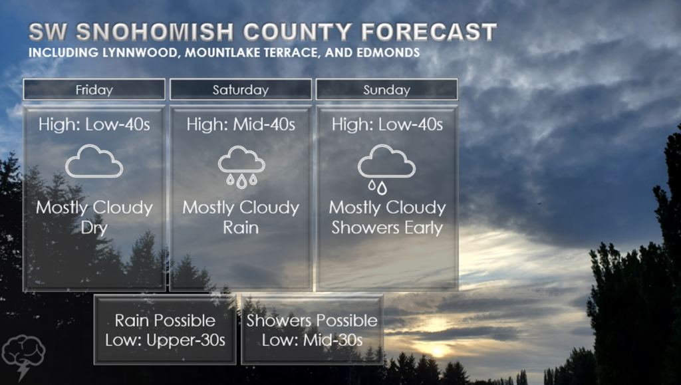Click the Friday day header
point(94,89)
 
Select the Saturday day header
point(241,89)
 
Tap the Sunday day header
point(386,89)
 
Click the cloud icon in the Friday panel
point(94,162)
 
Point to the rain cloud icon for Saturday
point(241,167)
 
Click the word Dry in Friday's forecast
point(94,227)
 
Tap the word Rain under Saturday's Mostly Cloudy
point(241,227)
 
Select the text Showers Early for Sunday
point(387,228)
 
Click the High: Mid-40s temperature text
point(241,124)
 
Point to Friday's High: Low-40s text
point(94,124)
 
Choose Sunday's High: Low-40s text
point(388,124)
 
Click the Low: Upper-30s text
point(166,340)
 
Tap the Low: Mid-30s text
point(313,340)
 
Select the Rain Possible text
point(165,321)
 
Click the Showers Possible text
point(313,321)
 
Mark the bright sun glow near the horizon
point(436,350)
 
